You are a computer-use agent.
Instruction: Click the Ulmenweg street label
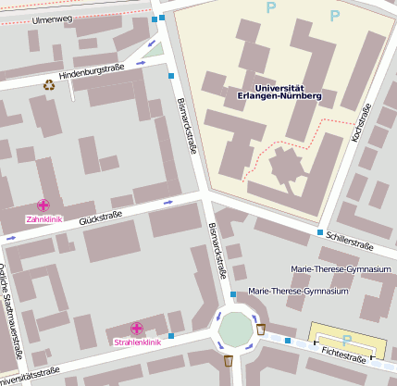pos(52,19)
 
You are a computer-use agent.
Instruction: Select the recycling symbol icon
pos(49,85)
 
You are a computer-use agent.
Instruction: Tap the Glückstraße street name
pos(101,218)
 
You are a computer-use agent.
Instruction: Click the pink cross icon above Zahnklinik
pos(43,205)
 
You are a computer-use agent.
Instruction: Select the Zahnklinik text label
pos(43,219)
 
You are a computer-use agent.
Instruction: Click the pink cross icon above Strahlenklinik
pos(137,329)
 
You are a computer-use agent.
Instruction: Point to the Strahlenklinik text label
pos(137,342)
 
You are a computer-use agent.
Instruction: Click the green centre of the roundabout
pos(235,329)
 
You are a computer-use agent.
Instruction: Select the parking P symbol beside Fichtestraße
pos(346,340)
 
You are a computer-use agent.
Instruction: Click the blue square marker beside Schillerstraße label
pos(321,232)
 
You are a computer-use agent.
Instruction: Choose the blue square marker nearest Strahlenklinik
pos(171,335)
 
